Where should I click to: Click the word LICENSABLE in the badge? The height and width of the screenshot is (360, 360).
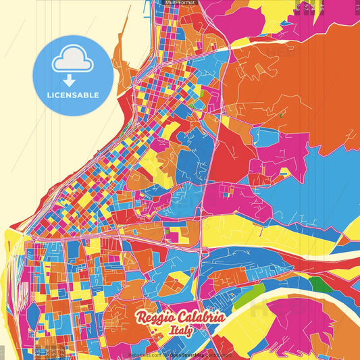74,95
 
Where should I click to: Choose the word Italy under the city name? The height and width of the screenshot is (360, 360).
181,331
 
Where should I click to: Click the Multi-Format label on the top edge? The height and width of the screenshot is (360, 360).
180,3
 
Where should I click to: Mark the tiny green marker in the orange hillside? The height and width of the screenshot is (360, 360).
280,115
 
